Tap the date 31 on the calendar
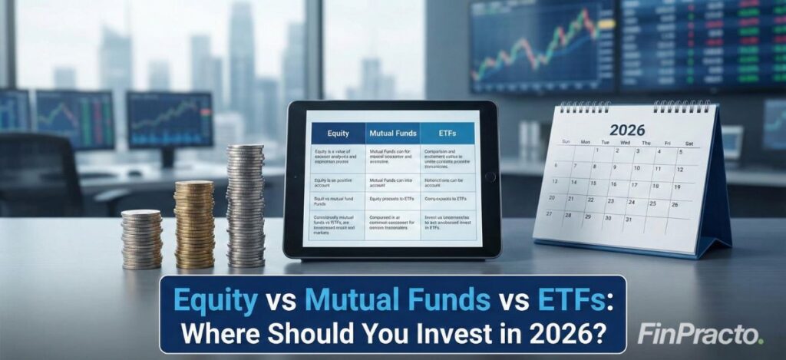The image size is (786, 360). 628,220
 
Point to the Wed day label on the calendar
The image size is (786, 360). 625,143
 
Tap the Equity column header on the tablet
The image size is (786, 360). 338,133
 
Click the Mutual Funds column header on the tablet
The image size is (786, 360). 392,133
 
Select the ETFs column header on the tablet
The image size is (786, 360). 448,133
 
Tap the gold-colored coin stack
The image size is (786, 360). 193,223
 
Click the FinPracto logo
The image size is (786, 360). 700,335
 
